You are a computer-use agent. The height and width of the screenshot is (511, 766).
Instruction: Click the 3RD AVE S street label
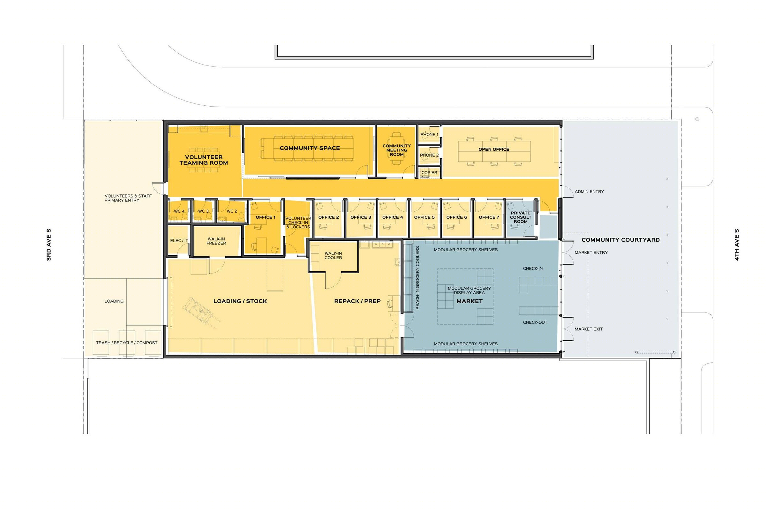coord(49,245)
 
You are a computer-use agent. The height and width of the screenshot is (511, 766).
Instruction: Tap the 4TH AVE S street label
coord(737,245)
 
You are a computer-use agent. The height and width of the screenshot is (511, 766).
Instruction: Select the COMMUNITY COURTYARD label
coord(620,240)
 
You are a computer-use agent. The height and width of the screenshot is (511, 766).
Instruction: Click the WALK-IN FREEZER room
coord(216,241)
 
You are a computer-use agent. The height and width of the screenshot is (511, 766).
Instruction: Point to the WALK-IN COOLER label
coord(333,255)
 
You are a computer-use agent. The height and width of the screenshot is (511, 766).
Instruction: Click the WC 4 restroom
coord(179,211)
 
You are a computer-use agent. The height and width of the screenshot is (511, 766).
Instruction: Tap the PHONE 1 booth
coord(429,135)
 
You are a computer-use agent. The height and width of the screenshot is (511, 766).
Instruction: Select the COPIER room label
coord(429,173)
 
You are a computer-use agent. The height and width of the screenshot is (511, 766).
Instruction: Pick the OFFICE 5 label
coord(424,217)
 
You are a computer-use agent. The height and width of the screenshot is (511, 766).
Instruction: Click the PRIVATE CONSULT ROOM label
coord(520,217)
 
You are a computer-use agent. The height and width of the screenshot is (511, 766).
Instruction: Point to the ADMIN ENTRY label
coord(589,192)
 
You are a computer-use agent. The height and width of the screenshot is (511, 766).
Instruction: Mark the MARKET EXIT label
coord(589,329)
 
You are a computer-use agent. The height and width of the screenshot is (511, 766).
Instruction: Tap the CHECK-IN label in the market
coord(533,268)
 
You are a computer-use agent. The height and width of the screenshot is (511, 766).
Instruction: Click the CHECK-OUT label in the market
coord(535,322)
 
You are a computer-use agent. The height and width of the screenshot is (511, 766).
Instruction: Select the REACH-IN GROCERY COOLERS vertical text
coord(417,278)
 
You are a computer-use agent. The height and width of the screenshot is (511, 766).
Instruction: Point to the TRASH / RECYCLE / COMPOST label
coord(126,343)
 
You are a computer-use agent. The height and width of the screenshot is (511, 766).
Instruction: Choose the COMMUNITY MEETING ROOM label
coord(396,150)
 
